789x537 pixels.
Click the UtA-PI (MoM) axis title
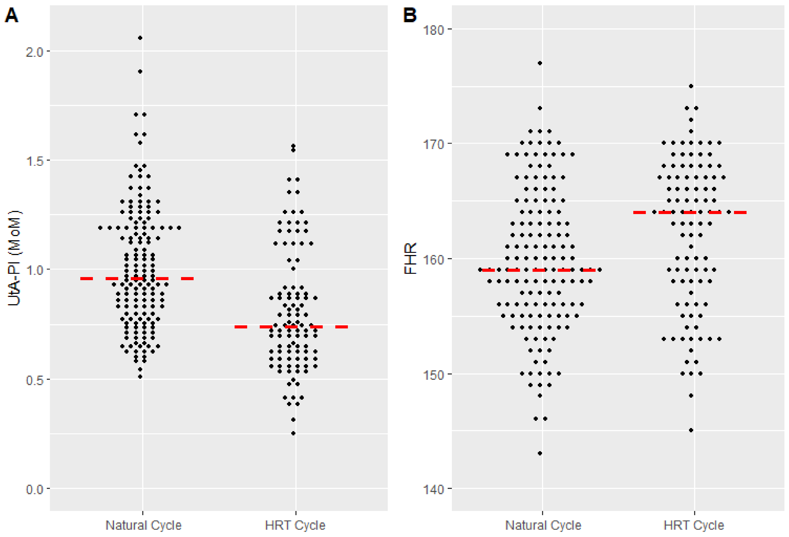click(14, 258)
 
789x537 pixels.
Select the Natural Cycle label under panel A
click(143, 525)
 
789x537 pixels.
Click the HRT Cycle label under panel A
click(295, 525)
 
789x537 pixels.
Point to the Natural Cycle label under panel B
click(543, 525)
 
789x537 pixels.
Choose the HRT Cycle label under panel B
click(694, 525)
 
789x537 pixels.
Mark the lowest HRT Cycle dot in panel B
click(691, 430)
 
